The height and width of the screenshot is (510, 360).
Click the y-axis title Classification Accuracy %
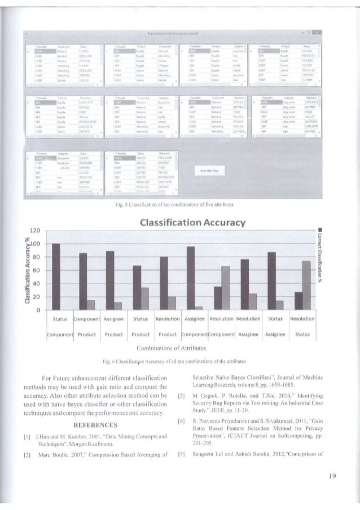[x=25, y=271]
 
